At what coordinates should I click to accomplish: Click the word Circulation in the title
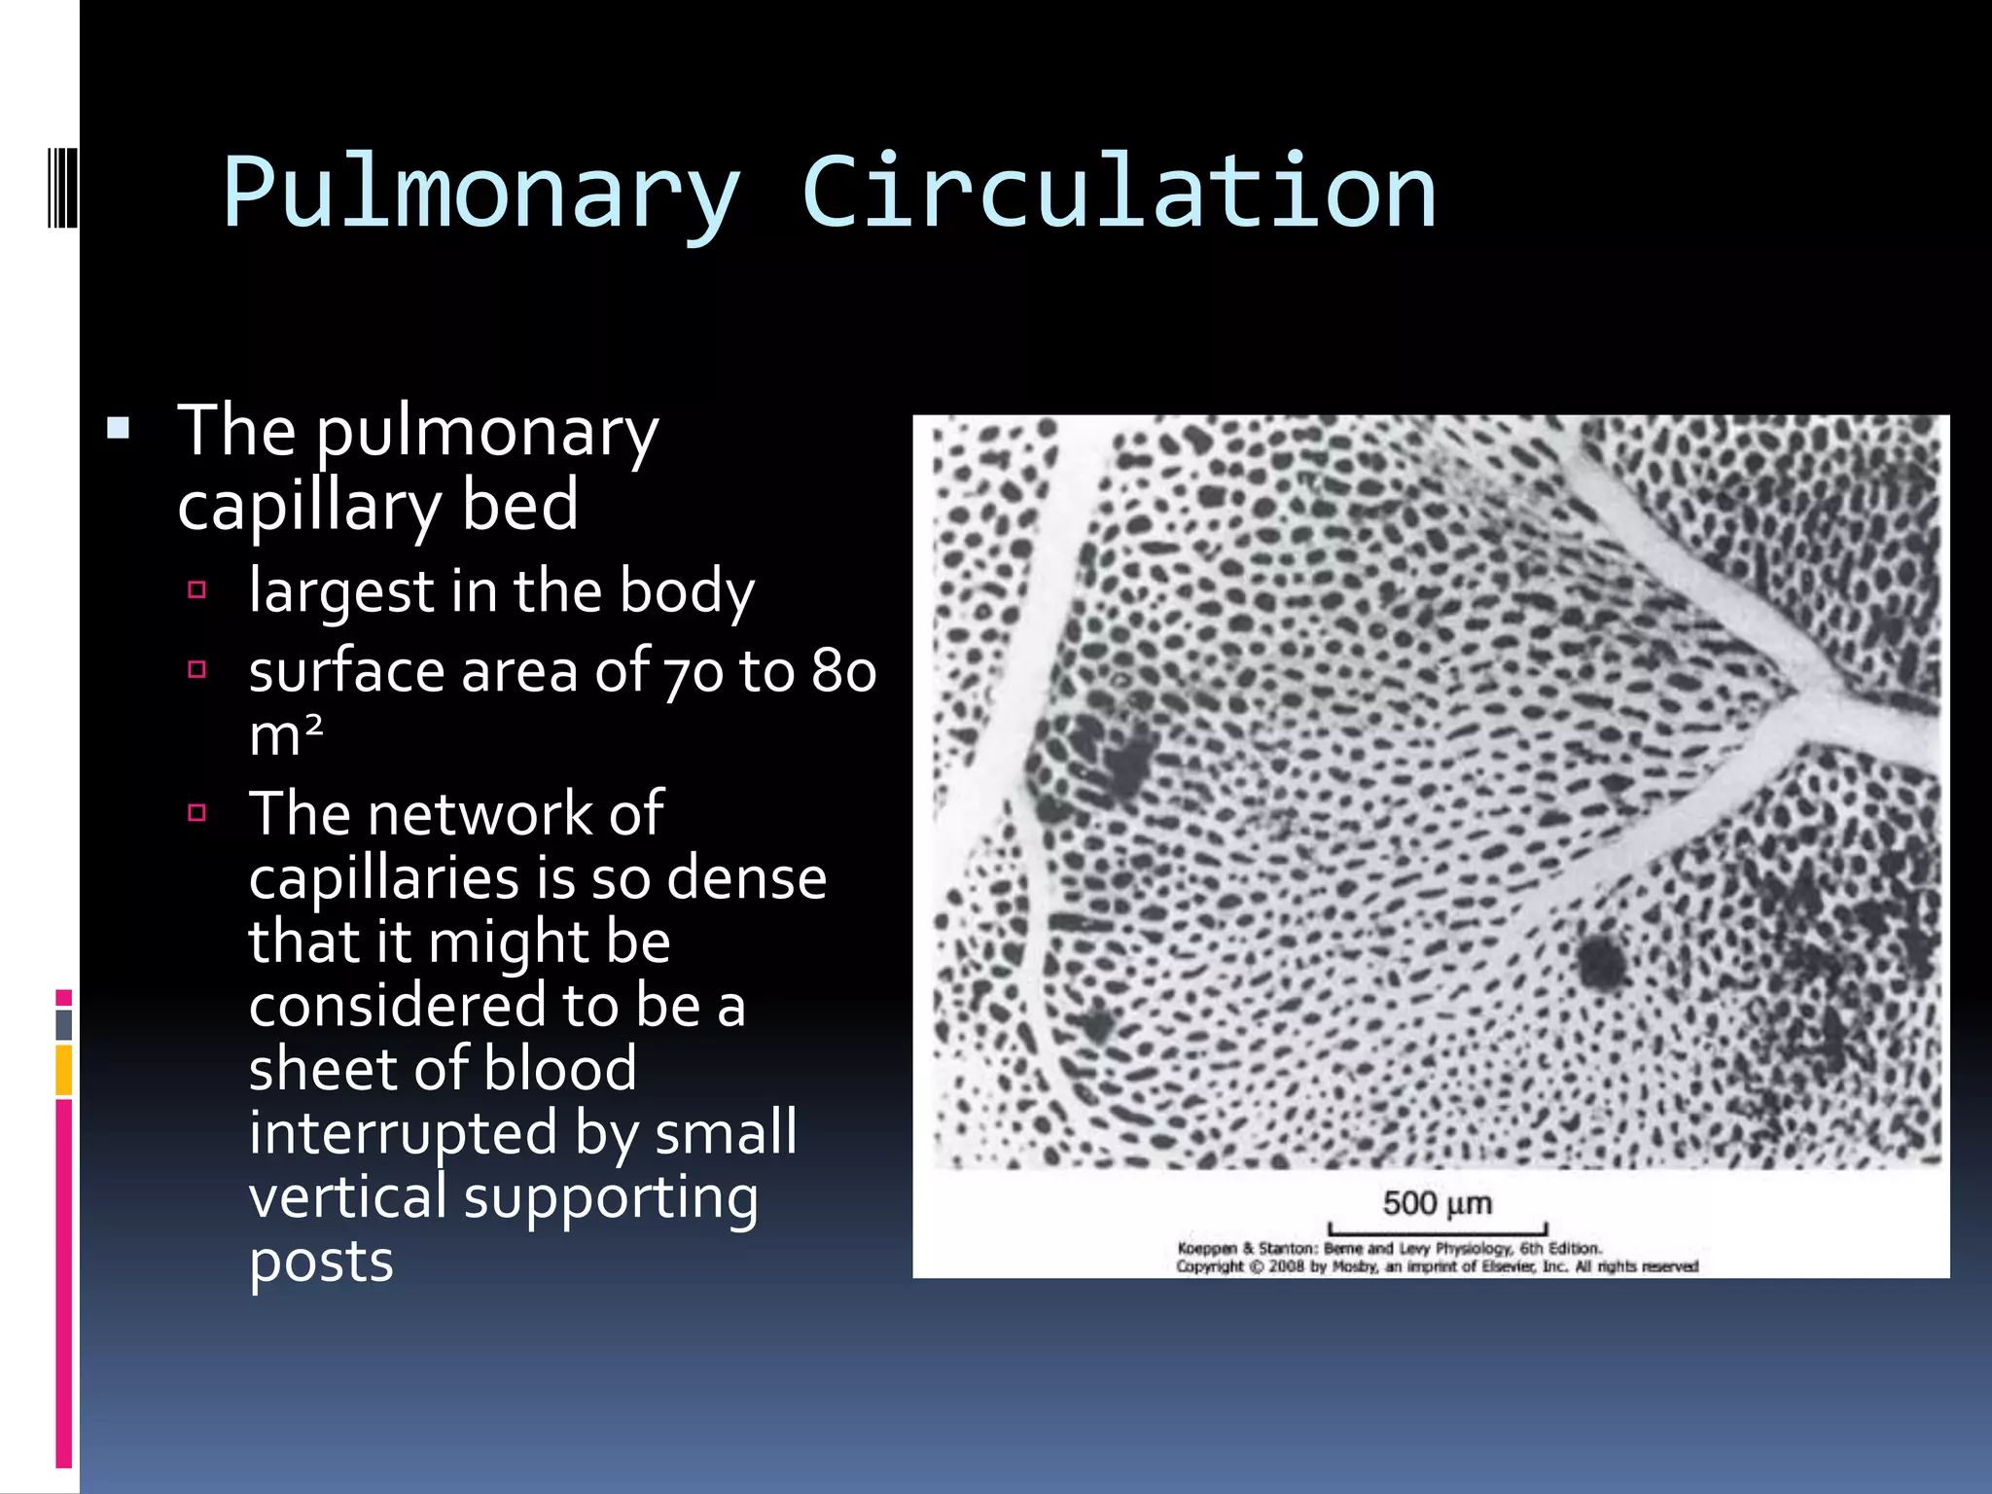(x=1119, y=192)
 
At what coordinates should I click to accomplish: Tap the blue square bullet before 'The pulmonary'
(x=119, y=428)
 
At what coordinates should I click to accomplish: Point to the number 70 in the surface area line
(x=693, y=672)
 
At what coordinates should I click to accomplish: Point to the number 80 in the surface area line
(x=844, y=672)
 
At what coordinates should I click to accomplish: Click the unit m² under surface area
(x=285, y=734)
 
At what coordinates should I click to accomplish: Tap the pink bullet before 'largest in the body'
(x=197, y=589)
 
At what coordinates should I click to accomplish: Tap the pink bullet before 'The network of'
(x=197, y=813)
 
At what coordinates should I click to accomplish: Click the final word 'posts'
(x=321, y=1262)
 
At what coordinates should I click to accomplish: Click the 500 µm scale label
(x=1437, y=1203)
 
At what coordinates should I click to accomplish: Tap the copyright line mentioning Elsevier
(x=1437, y=1266)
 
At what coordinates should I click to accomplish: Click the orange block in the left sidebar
(x=64, y=1069)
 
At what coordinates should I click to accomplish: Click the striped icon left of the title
(x=62, y=185)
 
